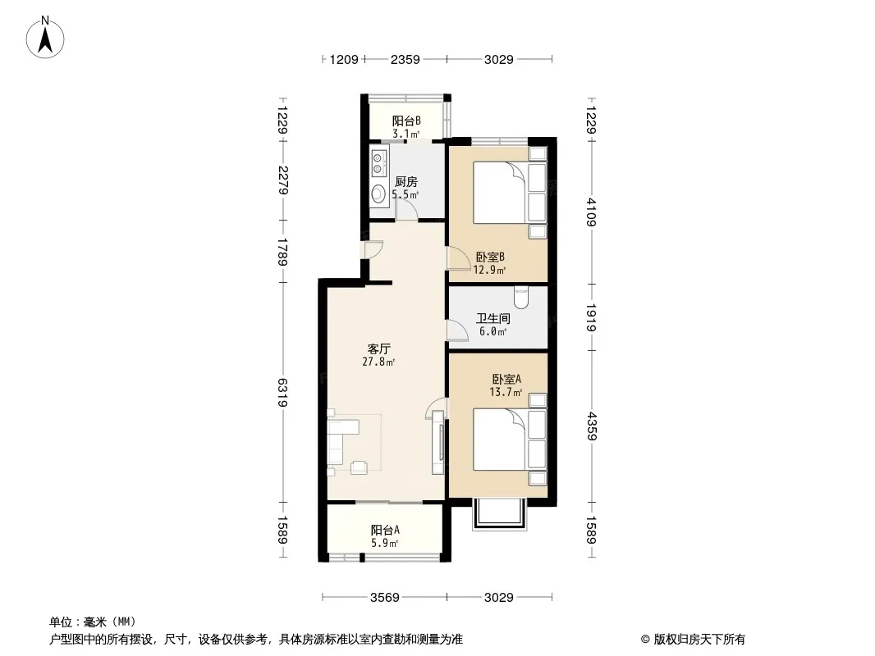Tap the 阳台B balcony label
coord(406,121)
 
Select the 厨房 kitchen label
coord(406,182)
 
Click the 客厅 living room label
coord(379,348)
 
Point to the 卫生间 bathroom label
coord(492,318)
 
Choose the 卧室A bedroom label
coord(506,379)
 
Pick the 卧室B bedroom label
coord(490,257)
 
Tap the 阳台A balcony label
coord(385,530)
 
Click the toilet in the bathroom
coord(521,297)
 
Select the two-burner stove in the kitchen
coord(378,162)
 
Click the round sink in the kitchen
coord(378,194)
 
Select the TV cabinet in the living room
coord(438,443)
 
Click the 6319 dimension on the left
coord(283,392)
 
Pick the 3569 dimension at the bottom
coord(384,598)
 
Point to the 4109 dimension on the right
coord(591,212)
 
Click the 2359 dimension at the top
coord(405,59)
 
